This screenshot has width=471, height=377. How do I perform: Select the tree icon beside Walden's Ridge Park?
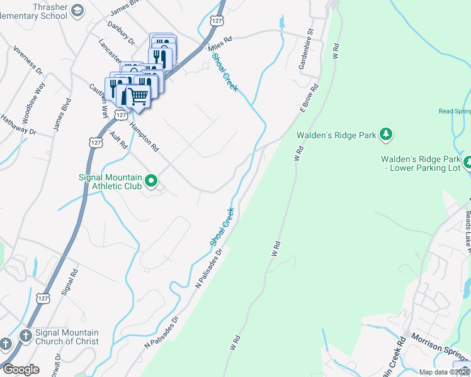(x=387, y=134)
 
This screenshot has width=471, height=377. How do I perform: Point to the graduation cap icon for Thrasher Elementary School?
(x=77, y=10)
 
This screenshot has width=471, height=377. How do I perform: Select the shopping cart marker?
(x=138, y=97)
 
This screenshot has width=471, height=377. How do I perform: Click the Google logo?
(x=20, y=369)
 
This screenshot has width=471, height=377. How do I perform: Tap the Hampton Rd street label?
(x=144, y=136)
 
